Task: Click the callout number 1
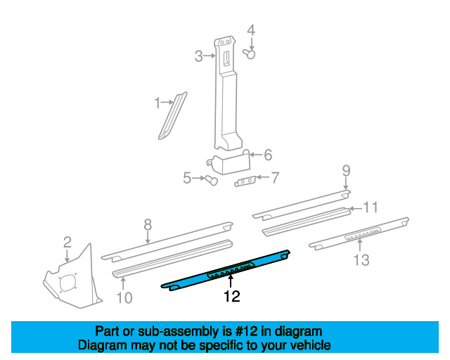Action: pos(157,104)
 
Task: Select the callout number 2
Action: pos(67,242)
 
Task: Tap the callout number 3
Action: pos(199,56)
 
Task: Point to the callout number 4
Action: pos(250,30)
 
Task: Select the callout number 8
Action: pos(148,225)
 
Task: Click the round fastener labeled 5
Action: pos(210,181)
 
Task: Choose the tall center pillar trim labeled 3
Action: pos(228,98)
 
